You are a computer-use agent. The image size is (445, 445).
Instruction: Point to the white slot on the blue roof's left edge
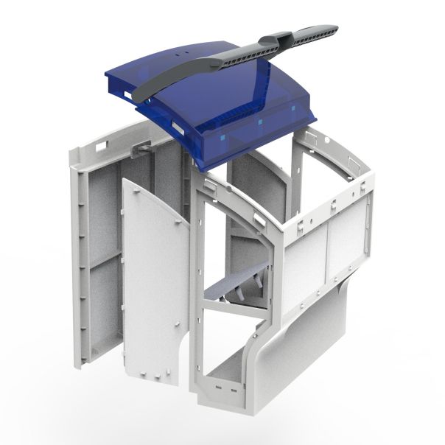[x=177, y=129]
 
